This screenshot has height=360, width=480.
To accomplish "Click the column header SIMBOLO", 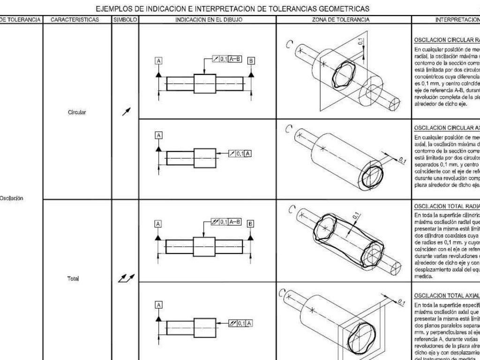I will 126,20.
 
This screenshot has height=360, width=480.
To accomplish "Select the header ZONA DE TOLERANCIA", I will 341,20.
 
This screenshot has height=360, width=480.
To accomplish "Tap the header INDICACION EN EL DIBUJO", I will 209,20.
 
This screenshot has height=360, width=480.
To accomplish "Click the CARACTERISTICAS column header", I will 75,20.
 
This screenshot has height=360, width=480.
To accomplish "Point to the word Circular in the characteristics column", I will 77,112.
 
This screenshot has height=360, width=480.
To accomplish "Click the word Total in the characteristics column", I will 73,278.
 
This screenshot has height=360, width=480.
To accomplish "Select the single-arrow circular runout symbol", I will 126,112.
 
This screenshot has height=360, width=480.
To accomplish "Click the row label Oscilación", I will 13,198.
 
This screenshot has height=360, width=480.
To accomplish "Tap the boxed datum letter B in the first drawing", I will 252,60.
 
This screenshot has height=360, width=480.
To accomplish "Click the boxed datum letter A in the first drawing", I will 159,60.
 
